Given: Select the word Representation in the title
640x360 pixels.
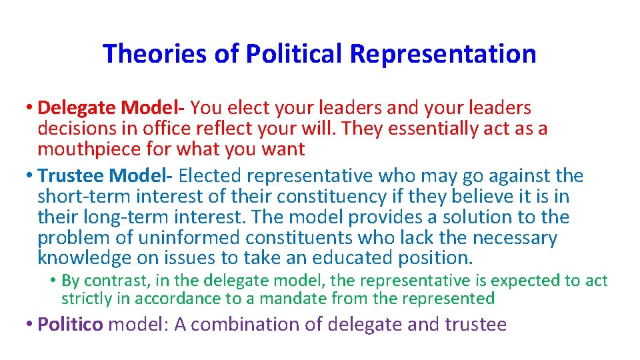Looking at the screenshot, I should click(443, 54).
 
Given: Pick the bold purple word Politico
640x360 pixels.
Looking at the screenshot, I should click(70, 325).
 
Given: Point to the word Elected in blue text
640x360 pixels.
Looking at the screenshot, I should click(213, 176).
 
